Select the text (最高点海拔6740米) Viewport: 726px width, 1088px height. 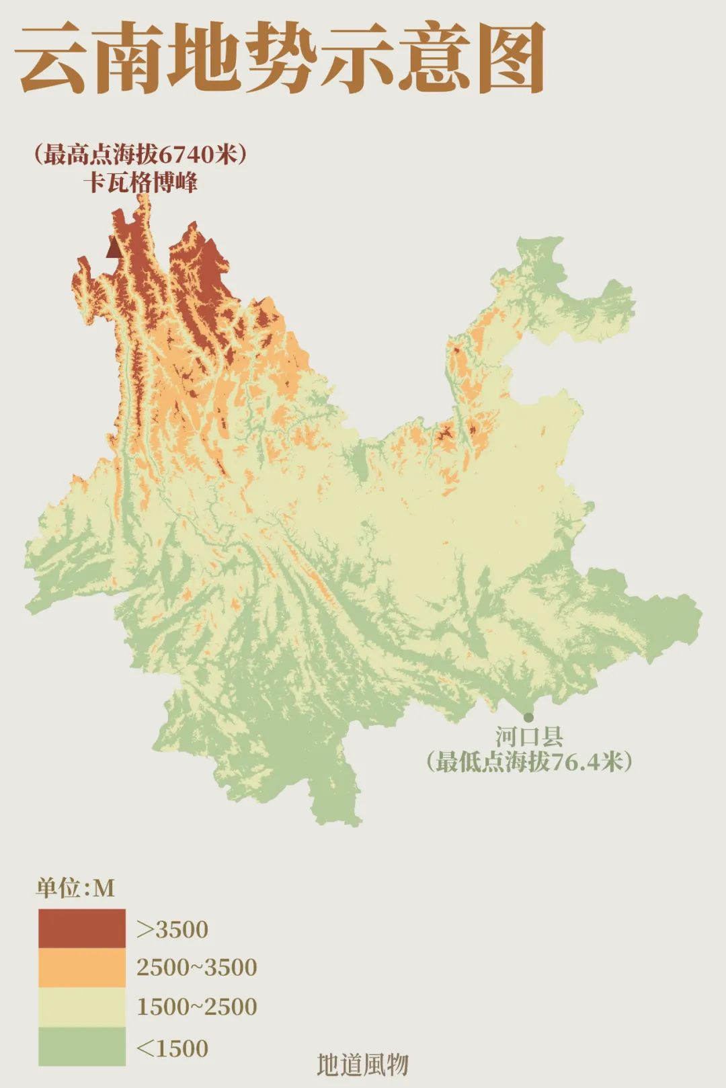pyautogui.click(x=140, y=155)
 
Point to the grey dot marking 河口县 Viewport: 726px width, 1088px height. pyautogui.click(x=528, y=718)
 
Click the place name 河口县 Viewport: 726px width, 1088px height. pyautogui.click(x=529, y=737)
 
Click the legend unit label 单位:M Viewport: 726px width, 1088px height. pyautogui.click(x=75, y=888)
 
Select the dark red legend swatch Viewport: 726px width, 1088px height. pyautogui.click(x=81, y=929)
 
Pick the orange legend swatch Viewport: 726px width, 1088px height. pyautogui.click(x=81, y=968)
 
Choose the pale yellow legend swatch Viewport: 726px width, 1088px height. pyautogui.click(x=81, y=1007)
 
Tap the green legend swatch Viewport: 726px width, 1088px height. pyautogui.click(x=81, y=1046)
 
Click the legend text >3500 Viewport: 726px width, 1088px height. pyautogui.click(x=173, y=929)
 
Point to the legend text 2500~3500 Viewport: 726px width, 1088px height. pyautogui.click(x=197, y=968)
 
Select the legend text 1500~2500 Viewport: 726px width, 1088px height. pyautogui.click(x=197, y=1007)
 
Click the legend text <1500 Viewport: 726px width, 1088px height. pyautogui.click(x=173, y=1048)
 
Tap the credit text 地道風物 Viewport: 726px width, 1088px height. pyautogui.click(x=362, y=1064)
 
